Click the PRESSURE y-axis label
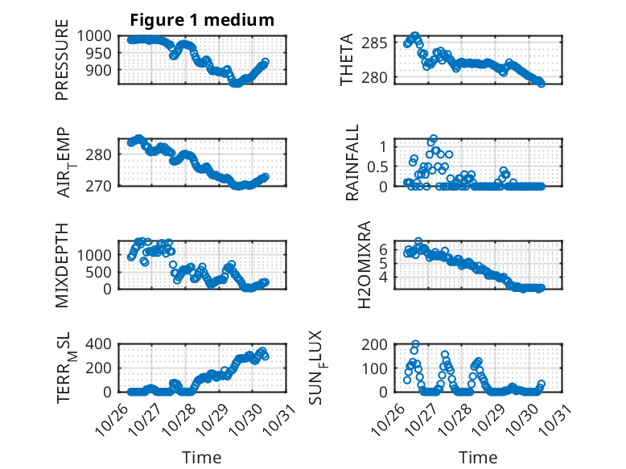pos(62,66)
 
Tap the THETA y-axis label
pos(347,60)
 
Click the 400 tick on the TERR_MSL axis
pos(103,344)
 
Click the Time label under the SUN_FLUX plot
pos(478,458)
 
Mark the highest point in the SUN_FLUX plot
pos(415,344)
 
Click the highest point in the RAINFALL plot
pos(433,139)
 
